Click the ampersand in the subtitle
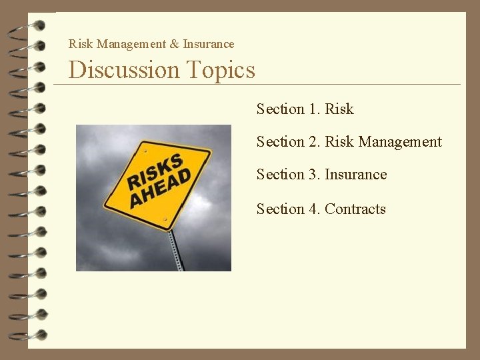click(x=174, y=44)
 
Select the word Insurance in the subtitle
click(x=209, y=44)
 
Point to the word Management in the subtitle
click(x=131, y=44)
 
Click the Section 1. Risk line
click(x=305, y=109)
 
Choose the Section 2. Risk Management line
click(x=349, y=141)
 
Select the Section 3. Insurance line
click(x=321, y=175)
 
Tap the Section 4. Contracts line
click(x=321, y=209)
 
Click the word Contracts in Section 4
click(x=355, y=209)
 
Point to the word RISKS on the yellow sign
click(x=155, y=170)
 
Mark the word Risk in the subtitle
click(x=81, y=44)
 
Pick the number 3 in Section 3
click(x=313, y=175)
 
